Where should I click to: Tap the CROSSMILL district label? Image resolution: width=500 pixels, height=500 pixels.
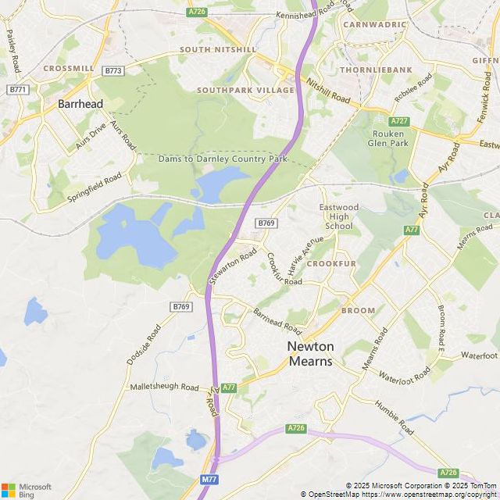point(69,69)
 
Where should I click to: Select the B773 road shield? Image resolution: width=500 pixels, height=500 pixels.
point(113,70)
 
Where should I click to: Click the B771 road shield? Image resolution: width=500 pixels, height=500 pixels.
point(17,90)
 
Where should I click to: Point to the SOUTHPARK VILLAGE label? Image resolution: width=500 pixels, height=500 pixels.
point(245,91)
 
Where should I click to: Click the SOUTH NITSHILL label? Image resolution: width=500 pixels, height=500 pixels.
point(217,49)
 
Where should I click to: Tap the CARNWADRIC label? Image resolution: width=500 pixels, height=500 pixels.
point(375,24)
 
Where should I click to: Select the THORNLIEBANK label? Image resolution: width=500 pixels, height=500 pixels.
point(376,70)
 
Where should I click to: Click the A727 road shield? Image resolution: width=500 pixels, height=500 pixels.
point(399,121)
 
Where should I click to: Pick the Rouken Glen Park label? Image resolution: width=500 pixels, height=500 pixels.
point(387,138)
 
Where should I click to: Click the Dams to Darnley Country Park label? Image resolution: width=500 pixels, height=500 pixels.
point(223,159)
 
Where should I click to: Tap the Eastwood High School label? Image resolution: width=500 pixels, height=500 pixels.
point(339,216)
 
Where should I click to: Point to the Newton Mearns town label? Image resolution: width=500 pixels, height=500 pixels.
point(311,353)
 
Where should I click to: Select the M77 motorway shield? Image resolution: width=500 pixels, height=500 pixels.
point(209,479)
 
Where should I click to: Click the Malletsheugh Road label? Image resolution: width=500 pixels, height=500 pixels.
point(165,387)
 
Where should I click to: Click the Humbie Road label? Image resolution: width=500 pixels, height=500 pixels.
point(395,417)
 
